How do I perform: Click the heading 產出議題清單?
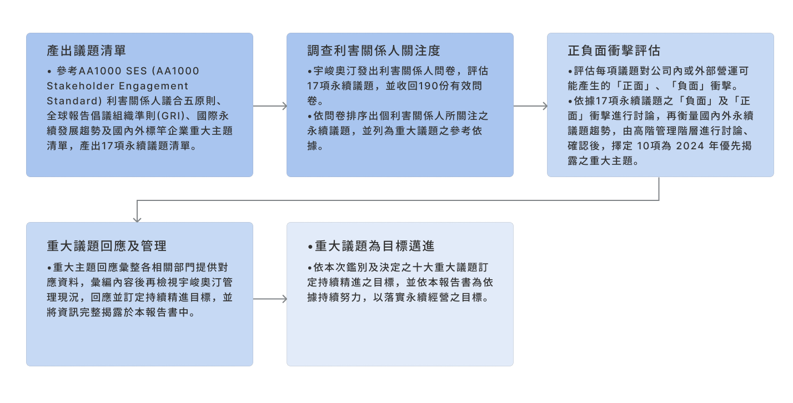coord(87,51)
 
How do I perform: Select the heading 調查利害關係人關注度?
coord(374,51)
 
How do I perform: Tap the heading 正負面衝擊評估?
coord(614,51)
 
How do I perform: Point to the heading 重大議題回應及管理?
coord(107,246)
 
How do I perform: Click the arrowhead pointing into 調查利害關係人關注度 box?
coord(284,105)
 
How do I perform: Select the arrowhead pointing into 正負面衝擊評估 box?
coord(544,105)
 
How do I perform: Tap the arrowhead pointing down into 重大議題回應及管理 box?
coord(137,219)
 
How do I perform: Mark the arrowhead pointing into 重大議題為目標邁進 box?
coord(284,299)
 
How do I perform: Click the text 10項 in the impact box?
coord(648,147)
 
